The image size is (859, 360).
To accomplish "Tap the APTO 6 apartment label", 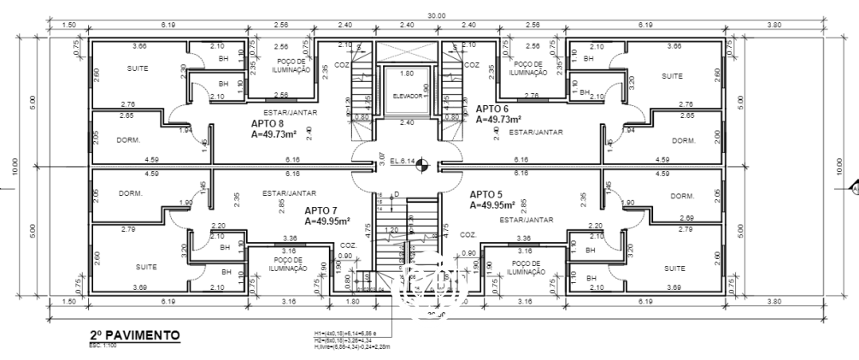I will click(x=492, y=109).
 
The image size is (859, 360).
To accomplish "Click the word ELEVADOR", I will click(x=408, y=96).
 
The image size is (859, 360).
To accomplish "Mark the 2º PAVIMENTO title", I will click(x=134, y=336).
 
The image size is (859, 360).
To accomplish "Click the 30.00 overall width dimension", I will click(x=437, y=15).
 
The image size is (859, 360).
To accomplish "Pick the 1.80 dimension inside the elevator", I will click(x=407, y=74).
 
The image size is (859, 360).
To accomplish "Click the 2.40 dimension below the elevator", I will click(x=407, y=122).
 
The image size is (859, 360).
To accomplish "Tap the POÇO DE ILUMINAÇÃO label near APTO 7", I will click(x=288, y=264).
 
